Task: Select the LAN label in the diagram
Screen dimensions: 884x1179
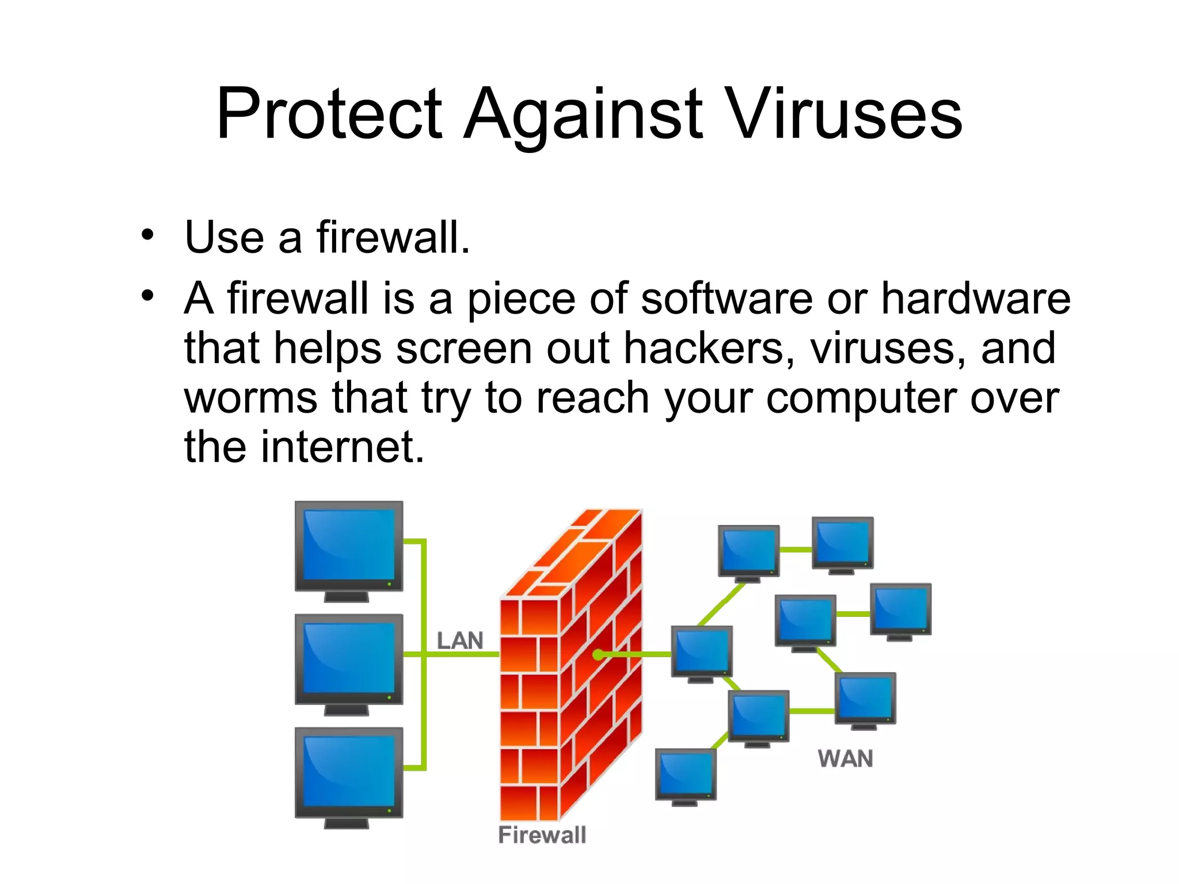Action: pos(459,641)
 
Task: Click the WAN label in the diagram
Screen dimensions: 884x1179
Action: pos(845,759)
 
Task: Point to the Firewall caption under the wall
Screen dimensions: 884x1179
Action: pos(542,835)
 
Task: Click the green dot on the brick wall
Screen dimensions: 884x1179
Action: pos(598,654)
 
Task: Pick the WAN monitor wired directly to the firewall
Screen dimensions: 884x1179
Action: pos(702,652)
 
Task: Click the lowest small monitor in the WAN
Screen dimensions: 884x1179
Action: pos(686,775)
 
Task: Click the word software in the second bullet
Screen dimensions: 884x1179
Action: pos(727,299)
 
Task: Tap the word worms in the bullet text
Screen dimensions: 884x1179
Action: pos(251,398)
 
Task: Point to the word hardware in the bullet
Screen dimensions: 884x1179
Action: pos(975,299)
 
